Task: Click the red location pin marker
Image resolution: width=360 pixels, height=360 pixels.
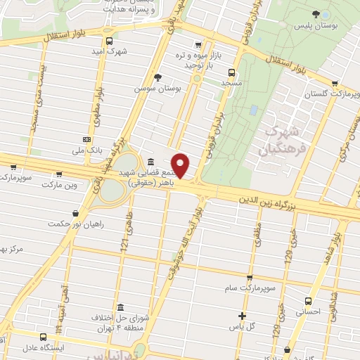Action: pyautogui.click(x=181, y=165)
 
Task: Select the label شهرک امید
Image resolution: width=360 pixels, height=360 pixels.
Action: pyautogui.click(x=112, y=51)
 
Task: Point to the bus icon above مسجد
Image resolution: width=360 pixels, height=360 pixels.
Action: pyautogui.click(x=231, y=72)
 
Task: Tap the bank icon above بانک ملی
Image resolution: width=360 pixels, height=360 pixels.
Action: pyautogui.click(x=86, y=139)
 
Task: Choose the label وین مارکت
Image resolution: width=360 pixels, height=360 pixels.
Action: pyautogui.click(x=58, y=184)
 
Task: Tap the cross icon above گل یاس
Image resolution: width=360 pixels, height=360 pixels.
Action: pyautogui.click(x=243, y=316)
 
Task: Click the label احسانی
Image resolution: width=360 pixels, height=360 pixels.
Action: pyautogui.click(x=308, y=310)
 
